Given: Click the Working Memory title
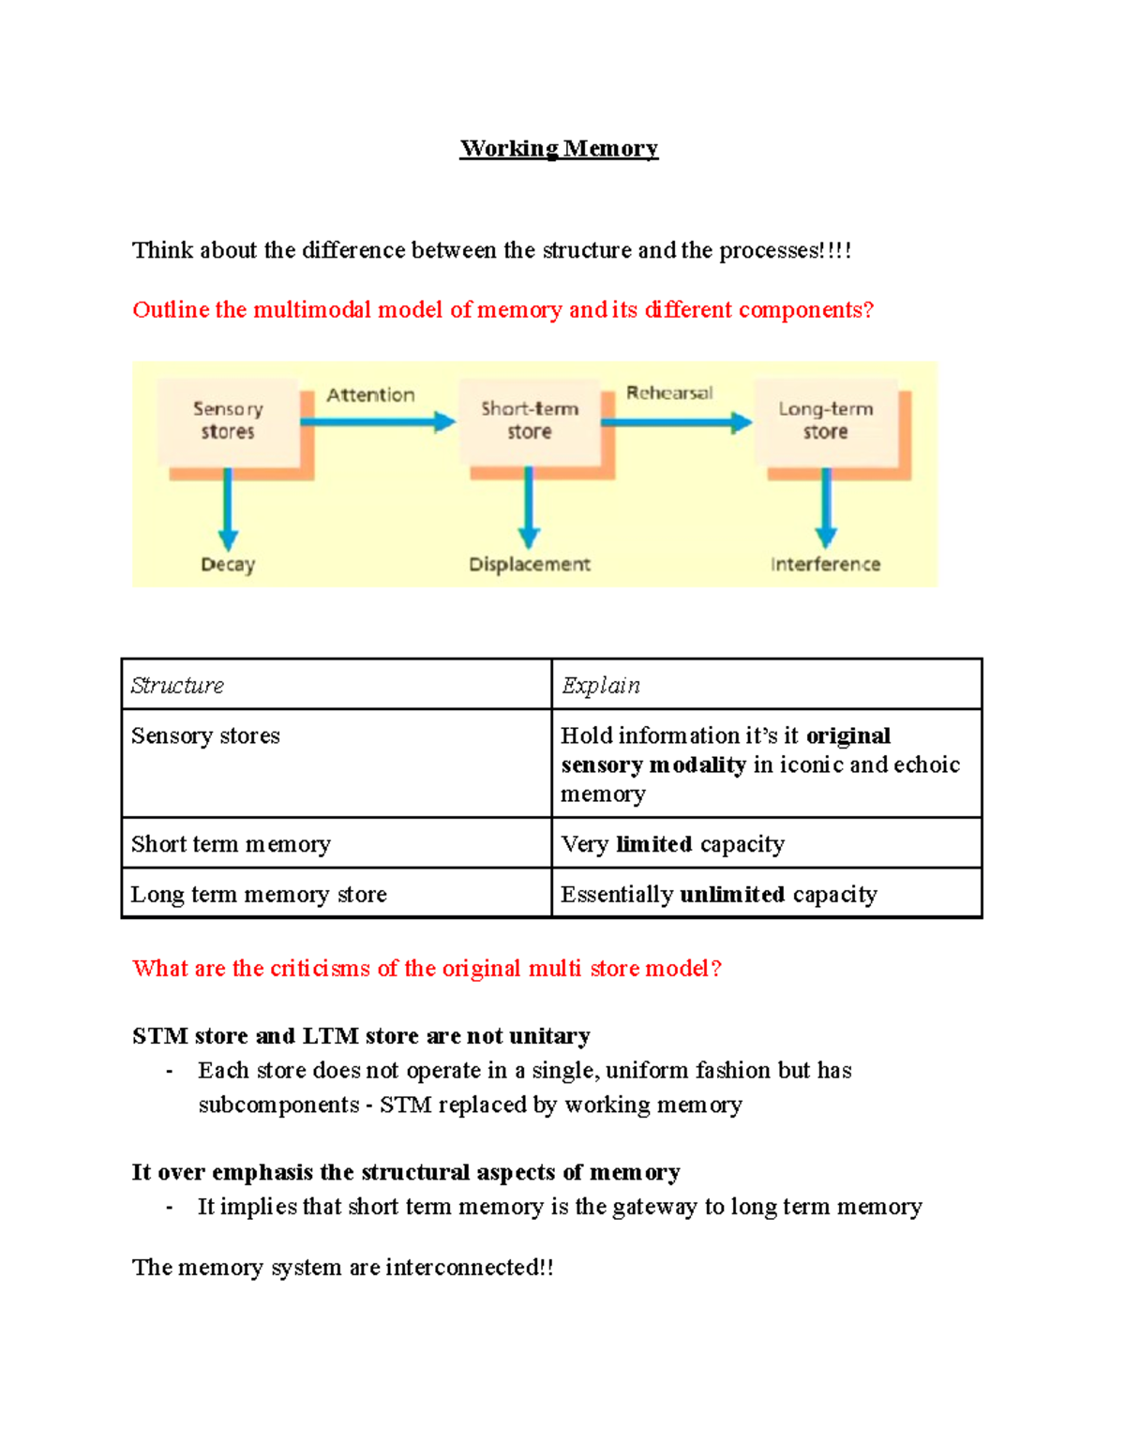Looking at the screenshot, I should coord(559,148).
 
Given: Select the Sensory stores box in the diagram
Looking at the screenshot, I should coord(228,421).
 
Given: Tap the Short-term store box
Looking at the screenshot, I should coord(530,421).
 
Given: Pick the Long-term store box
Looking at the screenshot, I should coord(825,421).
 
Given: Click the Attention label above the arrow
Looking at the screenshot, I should coord(370,395).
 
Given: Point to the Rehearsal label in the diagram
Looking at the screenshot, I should coord(669,393).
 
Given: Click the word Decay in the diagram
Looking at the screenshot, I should coord(228,565).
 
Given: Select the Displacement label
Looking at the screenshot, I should coord(530,564).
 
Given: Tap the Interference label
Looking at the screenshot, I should coord(825,564).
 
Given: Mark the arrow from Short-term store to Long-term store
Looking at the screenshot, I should coord(675,423).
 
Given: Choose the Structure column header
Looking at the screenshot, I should coord(177,686).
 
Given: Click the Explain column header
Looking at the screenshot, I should coord(600,686).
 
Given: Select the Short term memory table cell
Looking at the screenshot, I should coord(231,844).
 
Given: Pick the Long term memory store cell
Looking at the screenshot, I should coord(259,895).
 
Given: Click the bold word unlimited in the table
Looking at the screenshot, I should coord(732,895).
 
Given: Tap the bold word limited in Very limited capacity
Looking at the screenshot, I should coord(654,844).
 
